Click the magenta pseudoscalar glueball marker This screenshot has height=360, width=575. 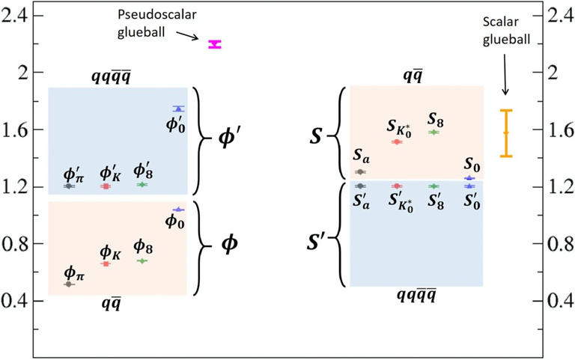coord(215,44)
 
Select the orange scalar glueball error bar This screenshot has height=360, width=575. coord(506,133)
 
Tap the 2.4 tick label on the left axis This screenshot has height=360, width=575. coord(15,16)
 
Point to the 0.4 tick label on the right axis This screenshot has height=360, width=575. coord(561,301)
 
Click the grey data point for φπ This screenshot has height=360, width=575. coord(69,284)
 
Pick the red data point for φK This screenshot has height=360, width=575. coord(106,264)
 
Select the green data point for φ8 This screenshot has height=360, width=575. coord(142,261)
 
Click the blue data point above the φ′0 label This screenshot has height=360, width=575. coord(179,109)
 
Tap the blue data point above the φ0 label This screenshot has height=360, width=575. coord(179,210)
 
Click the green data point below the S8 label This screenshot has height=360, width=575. coord(433,132)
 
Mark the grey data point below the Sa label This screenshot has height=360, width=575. coord(360,171)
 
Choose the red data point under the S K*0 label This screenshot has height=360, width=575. coord(396,142)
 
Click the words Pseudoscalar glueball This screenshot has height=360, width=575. coord(157,23)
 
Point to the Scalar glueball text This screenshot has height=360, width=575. coord(506,31)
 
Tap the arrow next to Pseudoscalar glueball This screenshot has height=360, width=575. coord(187,36)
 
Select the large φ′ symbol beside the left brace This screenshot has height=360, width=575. coord(228,139)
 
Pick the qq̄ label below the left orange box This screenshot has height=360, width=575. coord(111,304)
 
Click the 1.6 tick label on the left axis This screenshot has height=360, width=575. coord(15,129)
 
